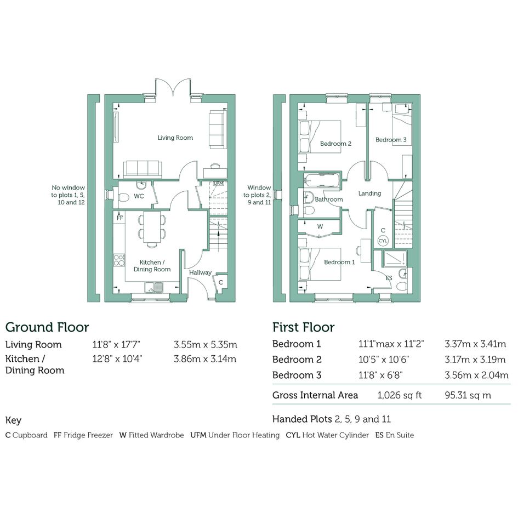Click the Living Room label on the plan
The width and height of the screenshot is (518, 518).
click(175, 138)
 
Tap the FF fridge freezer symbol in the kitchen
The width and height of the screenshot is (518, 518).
click(119, 218)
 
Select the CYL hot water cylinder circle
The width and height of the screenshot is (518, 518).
click(383, 241)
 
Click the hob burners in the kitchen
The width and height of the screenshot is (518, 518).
click(119, 260)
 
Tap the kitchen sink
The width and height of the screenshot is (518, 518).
click(154, 287)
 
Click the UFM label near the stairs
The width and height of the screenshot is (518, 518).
click(219, 183)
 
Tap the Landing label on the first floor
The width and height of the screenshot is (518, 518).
click(369, 193)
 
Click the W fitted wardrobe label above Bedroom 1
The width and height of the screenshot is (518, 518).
click(320, 226)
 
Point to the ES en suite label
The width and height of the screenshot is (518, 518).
click(389, 278)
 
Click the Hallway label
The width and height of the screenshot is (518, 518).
click(200, 272)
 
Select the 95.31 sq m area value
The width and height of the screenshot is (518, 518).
click(468, 395)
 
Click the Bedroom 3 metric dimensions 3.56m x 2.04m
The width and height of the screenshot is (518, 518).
click(476, 375)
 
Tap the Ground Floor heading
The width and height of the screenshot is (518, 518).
click(47, 327)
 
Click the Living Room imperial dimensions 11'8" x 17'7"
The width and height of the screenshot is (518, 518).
click(116, 345)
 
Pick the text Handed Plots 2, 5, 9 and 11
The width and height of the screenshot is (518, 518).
click(332, 419)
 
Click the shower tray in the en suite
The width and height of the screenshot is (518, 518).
click(395, 259)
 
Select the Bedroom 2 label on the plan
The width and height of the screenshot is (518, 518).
click(335, 144)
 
